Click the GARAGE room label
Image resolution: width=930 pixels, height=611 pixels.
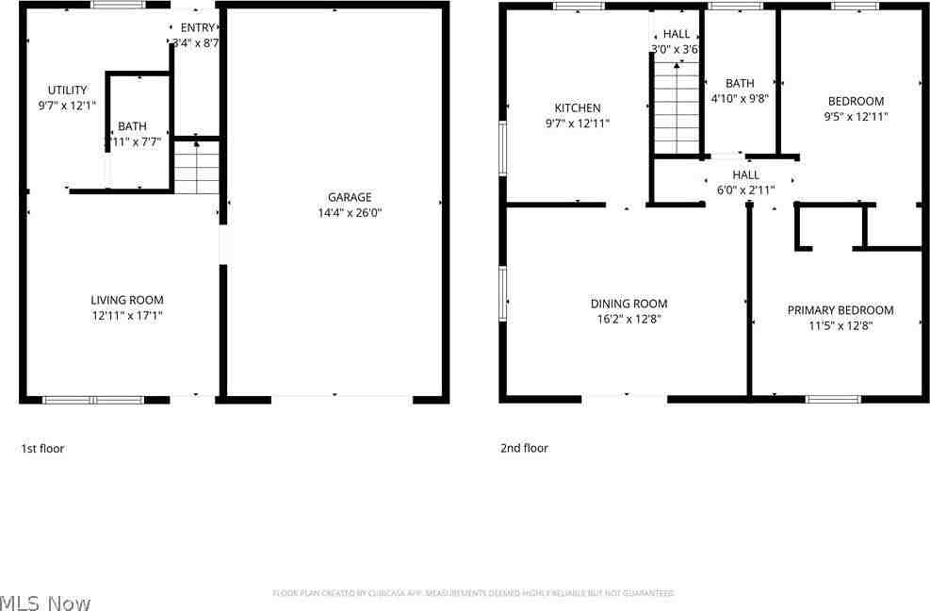350,197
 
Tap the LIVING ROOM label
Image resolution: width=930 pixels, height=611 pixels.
127,300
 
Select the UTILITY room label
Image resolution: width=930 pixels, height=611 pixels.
67,91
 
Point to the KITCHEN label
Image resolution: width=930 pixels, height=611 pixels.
577,107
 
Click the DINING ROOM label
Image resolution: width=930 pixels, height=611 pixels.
628,304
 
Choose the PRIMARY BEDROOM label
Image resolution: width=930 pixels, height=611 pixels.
840,310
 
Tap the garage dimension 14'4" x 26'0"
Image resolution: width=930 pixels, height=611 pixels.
350,213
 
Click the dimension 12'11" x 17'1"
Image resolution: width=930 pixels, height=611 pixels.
127,316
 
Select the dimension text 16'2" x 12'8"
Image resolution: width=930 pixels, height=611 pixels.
628,319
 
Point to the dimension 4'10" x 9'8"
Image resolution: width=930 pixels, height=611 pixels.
740,98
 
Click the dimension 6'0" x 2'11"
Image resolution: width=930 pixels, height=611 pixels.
745,190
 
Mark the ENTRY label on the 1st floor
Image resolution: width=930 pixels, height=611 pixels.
197,27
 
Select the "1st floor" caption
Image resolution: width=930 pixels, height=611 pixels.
42,449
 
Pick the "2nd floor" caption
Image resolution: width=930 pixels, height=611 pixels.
524,449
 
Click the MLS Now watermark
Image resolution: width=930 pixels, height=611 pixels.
45,603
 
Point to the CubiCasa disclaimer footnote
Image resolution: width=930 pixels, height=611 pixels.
473,593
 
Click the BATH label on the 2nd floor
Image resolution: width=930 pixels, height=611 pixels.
740,83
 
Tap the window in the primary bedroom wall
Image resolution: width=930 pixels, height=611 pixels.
833,399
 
